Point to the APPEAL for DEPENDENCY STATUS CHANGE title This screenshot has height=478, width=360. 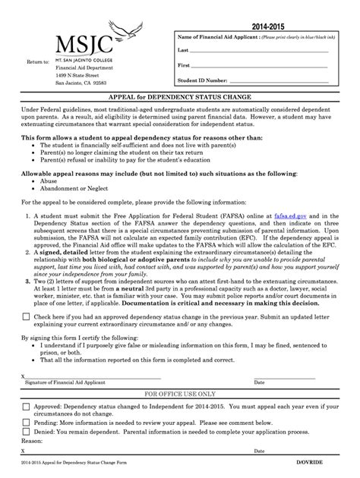pyautogui.click(x=179, y=99)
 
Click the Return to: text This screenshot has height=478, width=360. pyautogui.click(x=37, y=60)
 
